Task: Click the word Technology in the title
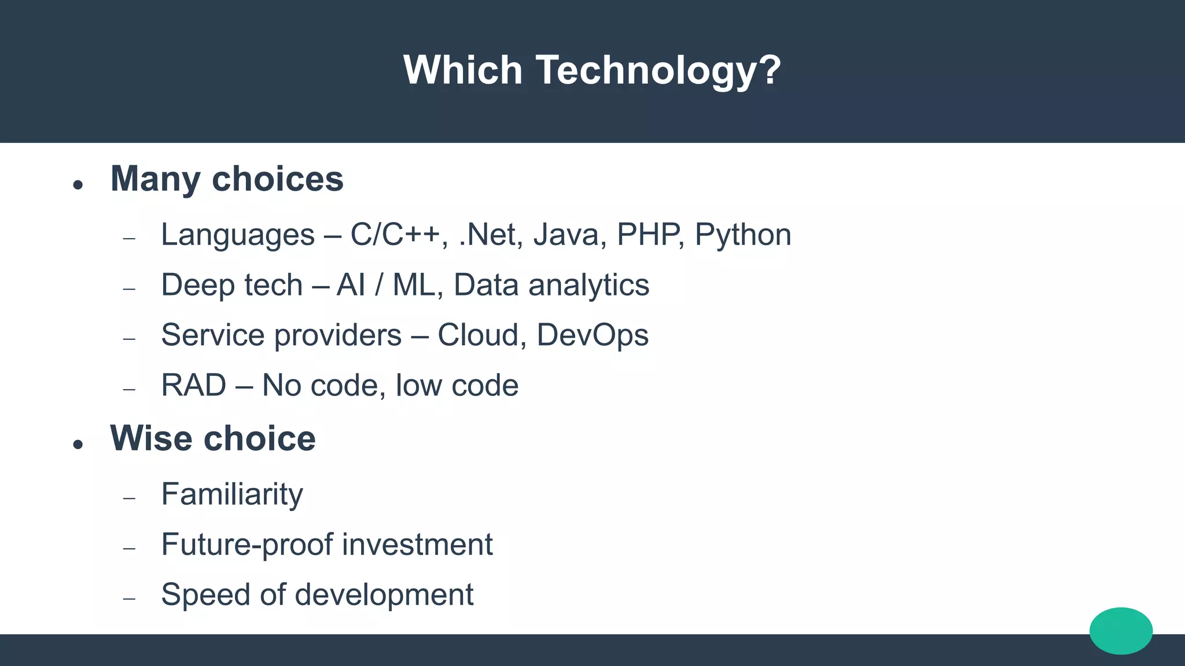(x=658, y=71)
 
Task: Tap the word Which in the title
(x=462, y=71)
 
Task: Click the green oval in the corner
(x=1121, y=631)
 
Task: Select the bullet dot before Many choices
(x=78, y=185)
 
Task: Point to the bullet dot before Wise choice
(x=78, y=444)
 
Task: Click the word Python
(x=742, y=235)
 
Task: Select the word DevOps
(x=592, y=336)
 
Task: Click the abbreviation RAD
(x=193, y=386)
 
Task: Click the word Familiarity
(x=231, y=495)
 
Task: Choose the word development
(x=384, y=595)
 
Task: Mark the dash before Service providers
(x=129, y=339)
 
